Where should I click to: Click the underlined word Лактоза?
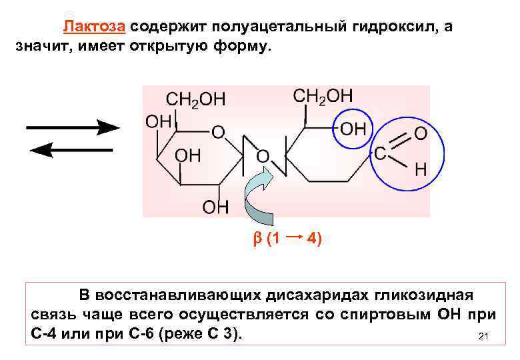[x=94, y=27]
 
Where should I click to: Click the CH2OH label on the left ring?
[x=195, y=99]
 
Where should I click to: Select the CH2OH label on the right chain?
[x=323, y=96]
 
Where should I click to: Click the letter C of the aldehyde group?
[x=379, y=154]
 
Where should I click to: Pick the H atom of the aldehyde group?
[x=421, y=169]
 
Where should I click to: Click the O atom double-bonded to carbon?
[x=421, y=133]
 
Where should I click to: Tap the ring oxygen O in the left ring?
[x=217, y=132]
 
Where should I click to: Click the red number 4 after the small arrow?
[x=313, y=239]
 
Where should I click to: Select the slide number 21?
[x=485, y=337]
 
